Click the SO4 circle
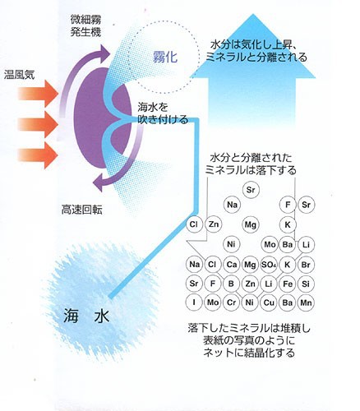(269, 265)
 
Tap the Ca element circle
(232, 265)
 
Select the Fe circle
(288, 284)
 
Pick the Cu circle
(269, 302)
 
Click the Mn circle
(306, 302)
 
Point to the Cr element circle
(232, 302)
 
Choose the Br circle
(306, 265)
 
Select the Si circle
(306, 284)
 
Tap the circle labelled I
(194, 302)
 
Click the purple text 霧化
(165, 57)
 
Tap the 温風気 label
(19, 75)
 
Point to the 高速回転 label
(81, 210)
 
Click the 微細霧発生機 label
(85, 26)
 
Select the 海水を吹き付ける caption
(163, 113)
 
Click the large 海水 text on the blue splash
(86, 316)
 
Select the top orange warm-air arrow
(38, 94)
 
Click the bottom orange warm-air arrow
(38, 155)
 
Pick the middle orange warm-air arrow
(38, 125)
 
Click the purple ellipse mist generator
(103, 118)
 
